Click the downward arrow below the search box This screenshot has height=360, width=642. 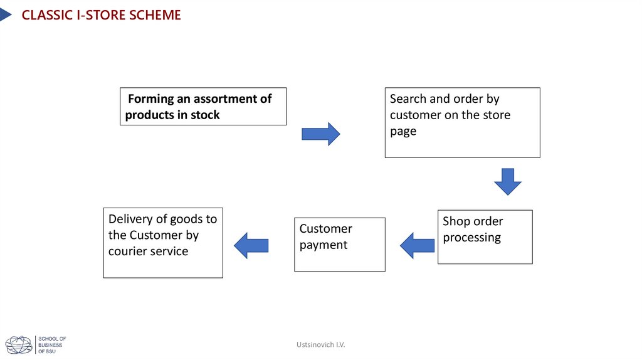[x=508, y=181]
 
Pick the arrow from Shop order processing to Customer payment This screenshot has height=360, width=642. [x=417, y=245]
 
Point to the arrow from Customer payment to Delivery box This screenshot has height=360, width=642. [x=251, y=245]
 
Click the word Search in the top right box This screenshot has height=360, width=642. [x=408, y=98]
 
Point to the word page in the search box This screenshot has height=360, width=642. [x=403, y=132]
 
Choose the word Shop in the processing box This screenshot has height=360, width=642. [x=456, y=221]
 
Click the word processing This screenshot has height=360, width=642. [x=471, y=238]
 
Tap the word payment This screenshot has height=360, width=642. [x=324, y=245]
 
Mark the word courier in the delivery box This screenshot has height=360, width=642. [x=128, y=251]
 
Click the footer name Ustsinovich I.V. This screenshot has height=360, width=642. [x=321, y=345]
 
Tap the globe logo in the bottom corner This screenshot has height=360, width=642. [x=19, y=345]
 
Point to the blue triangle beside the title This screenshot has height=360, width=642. [x=5, y=14]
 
